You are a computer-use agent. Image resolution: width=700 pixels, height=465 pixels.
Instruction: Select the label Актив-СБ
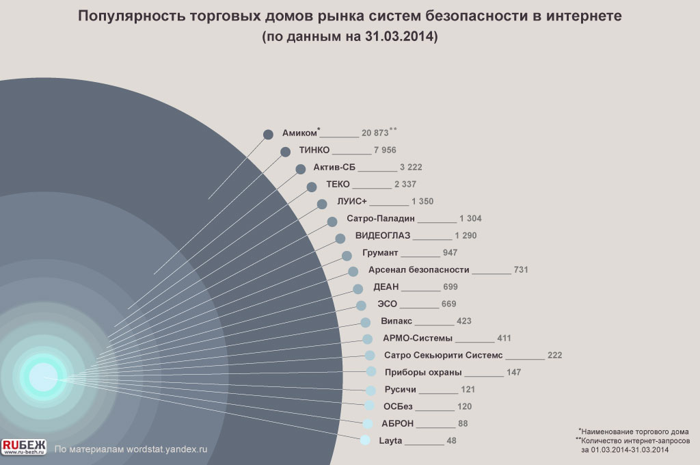tap(334, 168)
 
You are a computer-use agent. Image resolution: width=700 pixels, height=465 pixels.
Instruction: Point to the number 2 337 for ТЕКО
tap(405, 185)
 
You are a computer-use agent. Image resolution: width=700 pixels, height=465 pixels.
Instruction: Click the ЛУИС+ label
tap(352, 202)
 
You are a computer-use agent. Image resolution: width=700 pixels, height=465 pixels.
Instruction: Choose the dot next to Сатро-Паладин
tap(332, 221)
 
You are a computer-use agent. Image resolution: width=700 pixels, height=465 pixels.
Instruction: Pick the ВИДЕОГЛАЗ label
tap(382, 236)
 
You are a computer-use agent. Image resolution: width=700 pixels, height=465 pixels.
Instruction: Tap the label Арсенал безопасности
tap(418, 270)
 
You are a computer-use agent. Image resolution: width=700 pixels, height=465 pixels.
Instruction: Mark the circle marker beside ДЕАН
tap(358, 289)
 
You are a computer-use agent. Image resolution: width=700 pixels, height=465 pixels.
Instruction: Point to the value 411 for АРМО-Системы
tap(504, 338)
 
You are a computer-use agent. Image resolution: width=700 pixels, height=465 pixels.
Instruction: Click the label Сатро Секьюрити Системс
tap(443, 356)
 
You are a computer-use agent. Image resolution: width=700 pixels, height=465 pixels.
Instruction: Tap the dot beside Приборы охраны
tap(371, 371)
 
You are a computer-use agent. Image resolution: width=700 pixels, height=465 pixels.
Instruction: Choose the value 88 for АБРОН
tap(463, 424)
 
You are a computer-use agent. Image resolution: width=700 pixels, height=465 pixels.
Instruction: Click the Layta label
tap(390, 441)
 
